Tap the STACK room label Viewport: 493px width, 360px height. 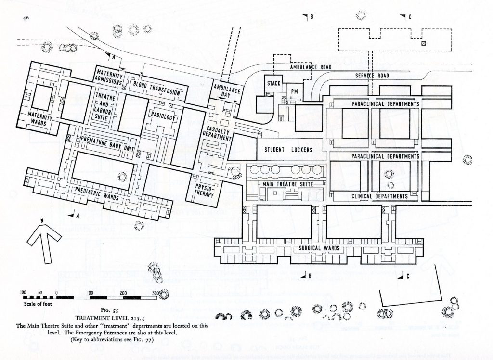[x=273, y=83]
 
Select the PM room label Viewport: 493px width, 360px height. [x=294, y=91]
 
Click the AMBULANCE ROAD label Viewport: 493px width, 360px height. [x=311, y=67]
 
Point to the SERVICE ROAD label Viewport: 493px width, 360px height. [x=372, y=76]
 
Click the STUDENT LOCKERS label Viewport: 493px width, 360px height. [x=288, y=150]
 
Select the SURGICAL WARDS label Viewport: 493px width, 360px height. [x=319, y=248]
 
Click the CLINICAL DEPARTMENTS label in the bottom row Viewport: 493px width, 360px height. [x=379, y=196]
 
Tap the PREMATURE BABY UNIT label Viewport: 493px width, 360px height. [x=107, y=143]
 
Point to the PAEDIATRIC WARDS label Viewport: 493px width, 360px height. [x=97, y=193]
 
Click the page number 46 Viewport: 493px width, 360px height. [x=26, y=18]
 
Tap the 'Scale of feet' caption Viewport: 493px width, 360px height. [x=38, y=304]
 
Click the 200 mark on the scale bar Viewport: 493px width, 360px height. [x=123, y=293]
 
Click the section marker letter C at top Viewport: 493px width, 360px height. [x=410, y=17]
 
